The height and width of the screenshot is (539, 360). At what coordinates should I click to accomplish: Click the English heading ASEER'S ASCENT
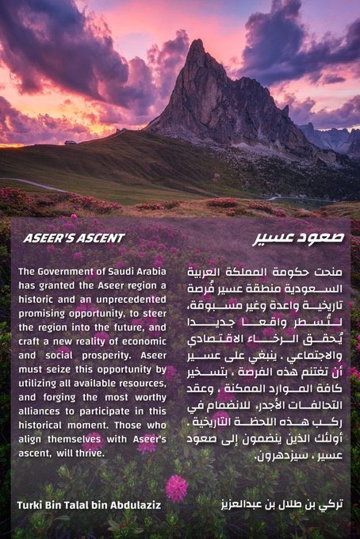[x=74, y=238]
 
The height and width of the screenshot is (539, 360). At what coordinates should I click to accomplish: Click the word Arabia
[x=148, y=271]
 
